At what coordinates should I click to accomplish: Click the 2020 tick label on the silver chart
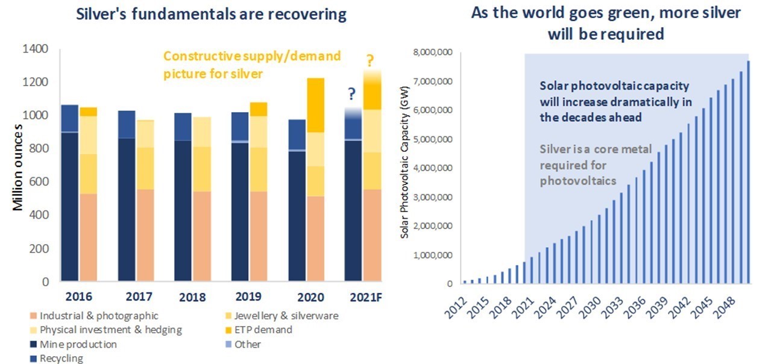click(306, 297)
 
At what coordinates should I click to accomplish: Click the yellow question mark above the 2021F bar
click(370, 60)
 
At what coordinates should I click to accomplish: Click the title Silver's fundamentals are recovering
click(212, 15)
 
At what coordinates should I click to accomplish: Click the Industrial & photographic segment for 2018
click(201, 236)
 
